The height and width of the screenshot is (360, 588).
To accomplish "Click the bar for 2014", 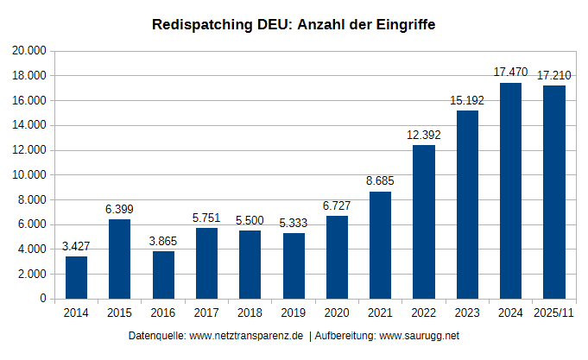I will [x=76, y=277].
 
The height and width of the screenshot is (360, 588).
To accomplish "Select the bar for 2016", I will [x=163, y=275].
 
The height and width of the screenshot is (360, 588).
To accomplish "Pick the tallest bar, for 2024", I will [x=510, y=191].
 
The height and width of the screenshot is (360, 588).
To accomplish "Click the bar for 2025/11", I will [x=553, y=192].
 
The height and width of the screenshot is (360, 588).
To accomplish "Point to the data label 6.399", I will [x=119, y=209].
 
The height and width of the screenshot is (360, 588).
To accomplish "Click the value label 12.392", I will [x=423, y=135].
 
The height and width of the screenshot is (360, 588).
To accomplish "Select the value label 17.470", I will [x=510, y=72].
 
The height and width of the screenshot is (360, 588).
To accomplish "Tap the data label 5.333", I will [x=293, y=223].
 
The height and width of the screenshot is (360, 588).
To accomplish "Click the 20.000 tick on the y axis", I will [x=29, y=51].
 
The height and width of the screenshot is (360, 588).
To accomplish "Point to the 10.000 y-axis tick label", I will [x=29, y=175].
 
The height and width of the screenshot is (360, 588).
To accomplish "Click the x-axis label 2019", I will [x=293, y=313].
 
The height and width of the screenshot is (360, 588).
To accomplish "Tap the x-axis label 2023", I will [x=466, y=313].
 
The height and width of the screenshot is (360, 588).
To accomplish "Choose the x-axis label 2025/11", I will [x=553, y=313].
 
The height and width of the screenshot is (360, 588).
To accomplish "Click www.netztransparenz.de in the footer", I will [x=246, y=335].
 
